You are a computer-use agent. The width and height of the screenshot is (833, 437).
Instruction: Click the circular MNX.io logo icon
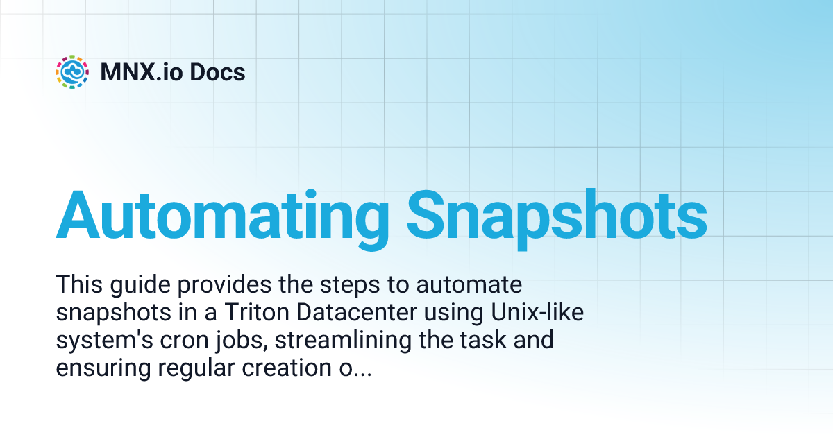coord(72,72)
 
